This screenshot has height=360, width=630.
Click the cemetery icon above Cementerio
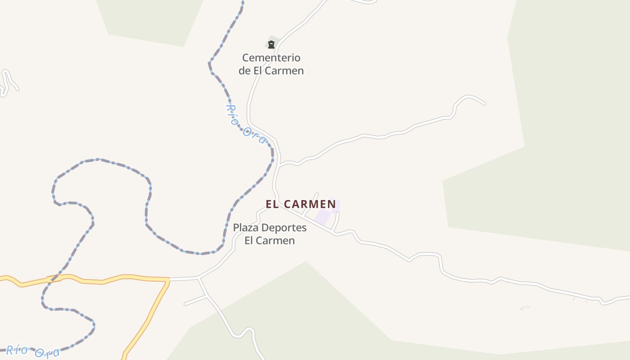coord(271,44)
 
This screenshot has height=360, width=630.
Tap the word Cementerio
coord(271,58)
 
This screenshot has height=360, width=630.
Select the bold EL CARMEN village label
coord(301,204)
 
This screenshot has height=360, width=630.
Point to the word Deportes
coord(284,228)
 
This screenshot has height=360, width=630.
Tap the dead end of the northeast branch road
coord(485,104)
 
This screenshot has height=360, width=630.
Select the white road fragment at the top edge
coord(364,2)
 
